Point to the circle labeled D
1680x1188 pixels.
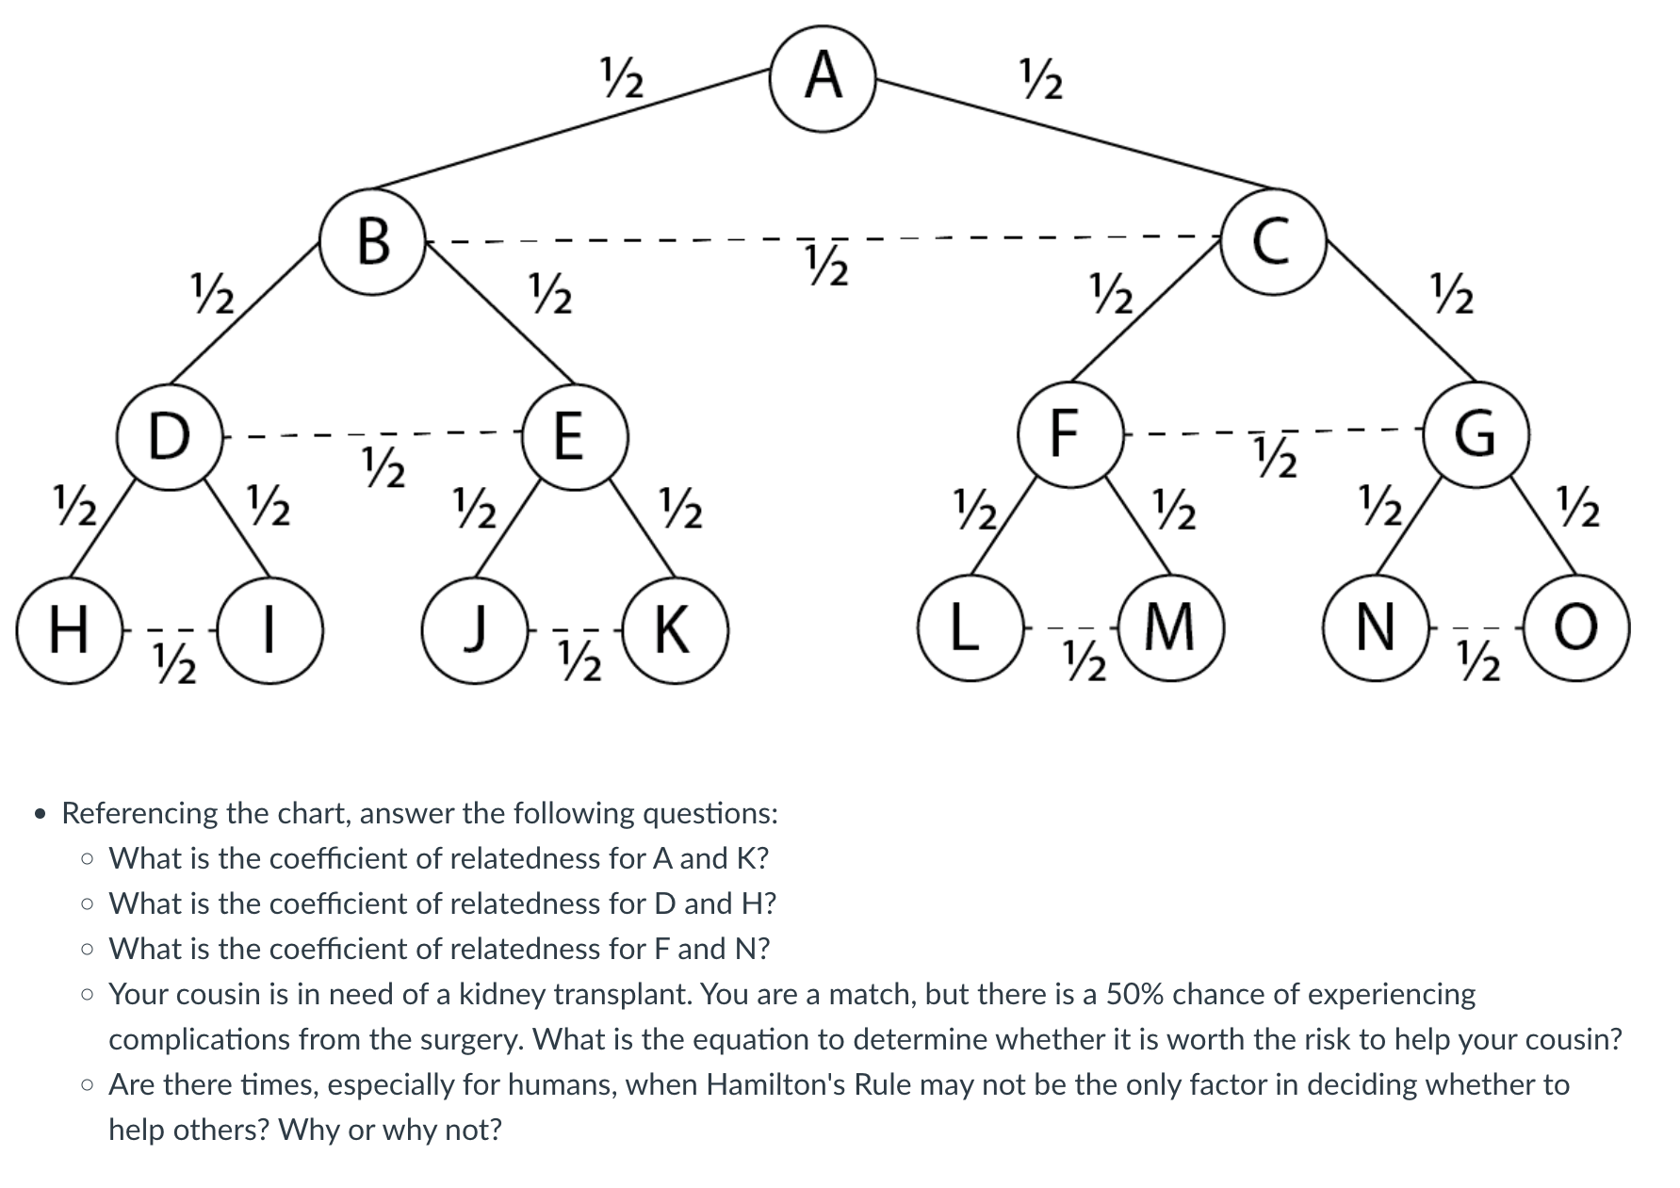coord(170,437)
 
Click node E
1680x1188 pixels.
coord(568,437)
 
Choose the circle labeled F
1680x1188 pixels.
coord(1068,434)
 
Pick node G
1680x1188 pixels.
coord(1476,434)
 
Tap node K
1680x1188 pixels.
coord(675,630)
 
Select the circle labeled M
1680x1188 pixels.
coord(1170,629)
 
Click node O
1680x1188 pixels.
coord(1577,629)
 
